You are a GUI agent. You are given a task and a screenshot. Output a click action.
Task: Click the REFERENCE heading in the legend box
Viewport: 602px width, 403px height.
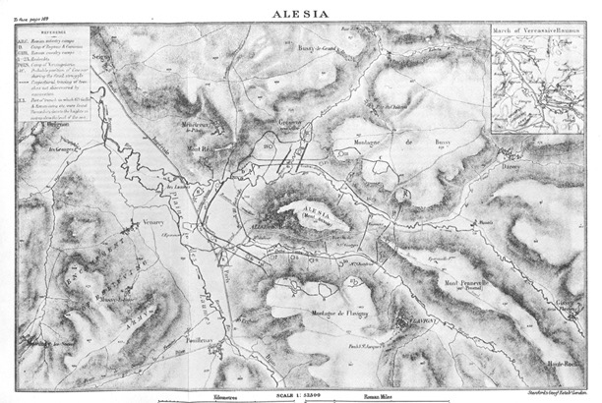coord(52,30)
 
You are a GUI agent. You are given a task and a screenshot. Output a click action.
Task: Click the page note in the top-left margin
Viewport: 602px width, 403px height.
coord(30,7)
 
